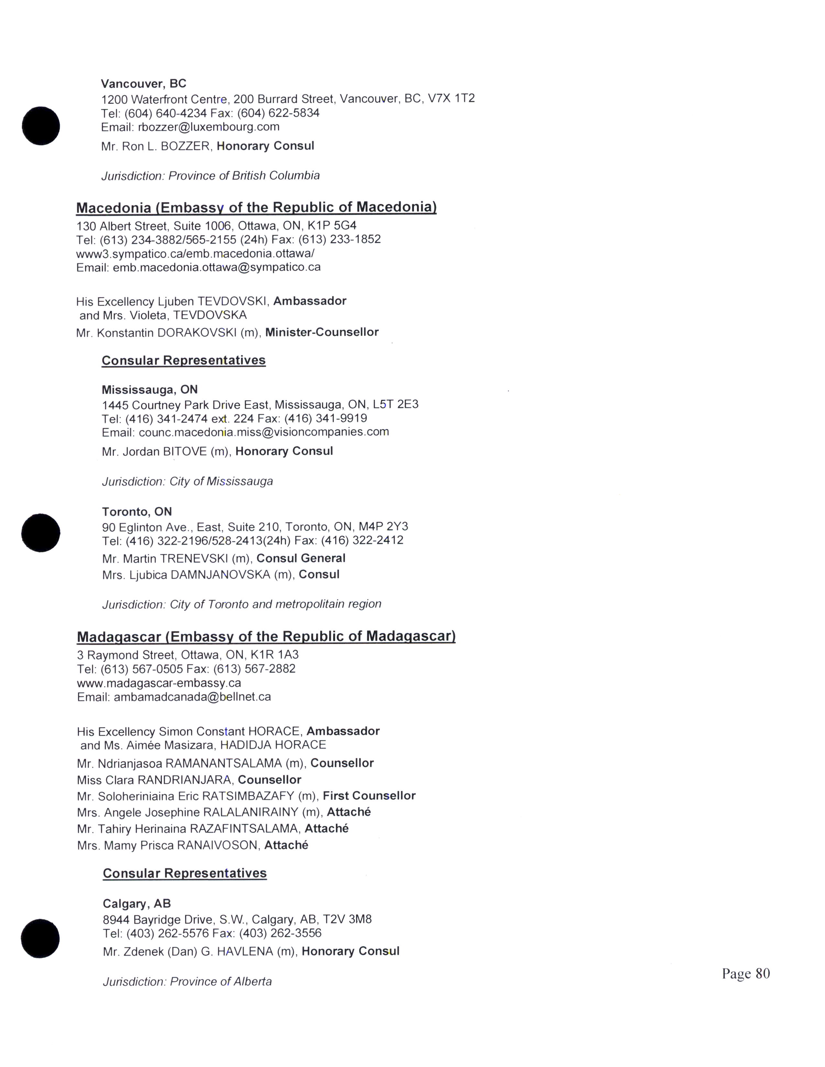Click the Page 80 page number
coord(745,973)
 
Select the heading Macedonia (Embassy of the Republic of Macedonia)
coord(256,207)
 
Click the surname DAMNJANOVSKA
coord(220,575)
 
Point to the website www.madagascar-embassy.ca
coord(159,683)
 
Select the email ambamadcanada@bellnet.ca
coord(192,697)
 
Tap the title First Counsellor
coord(369,795)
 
